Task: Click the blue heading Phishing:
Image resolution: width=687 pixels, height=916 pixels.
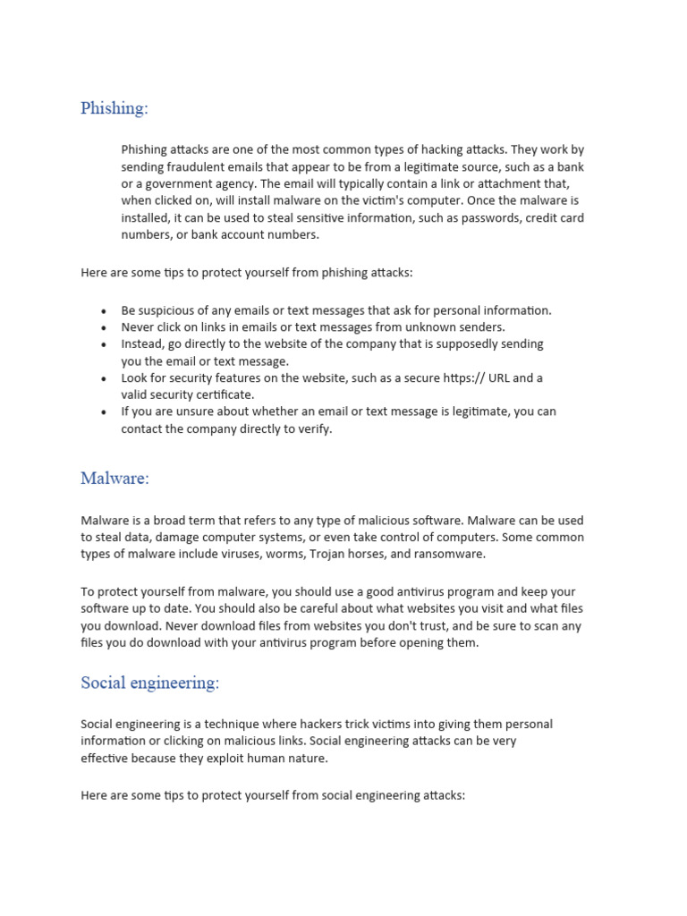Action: tap(114, 108)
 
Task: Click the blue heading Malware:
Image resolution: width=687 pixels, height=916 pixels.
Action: tap(114, 479)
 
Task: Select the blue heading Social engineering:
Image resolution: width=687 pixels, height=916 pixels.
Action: tap(149, 683)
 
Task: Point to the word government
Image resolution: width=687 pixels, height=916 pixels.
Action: tap(166, 183)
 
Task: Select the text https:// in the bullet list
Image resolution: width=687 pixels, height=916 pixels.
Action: tap(463, 378)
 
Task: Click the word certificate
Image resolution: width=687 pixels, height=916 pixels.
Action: tap(224, 394)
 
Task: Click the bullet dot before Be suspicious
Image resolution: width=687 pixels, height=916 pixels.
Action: tap(104, 311)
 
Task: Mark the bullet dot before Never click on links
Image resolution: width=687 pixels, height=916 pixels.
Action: tap(104, 328)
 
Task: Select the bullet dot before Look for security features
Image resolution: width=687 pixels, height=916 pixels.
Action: tap(104, 378)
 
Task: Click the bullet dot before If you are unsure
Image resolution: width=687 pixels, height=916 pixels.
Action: tap(104, 412)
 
